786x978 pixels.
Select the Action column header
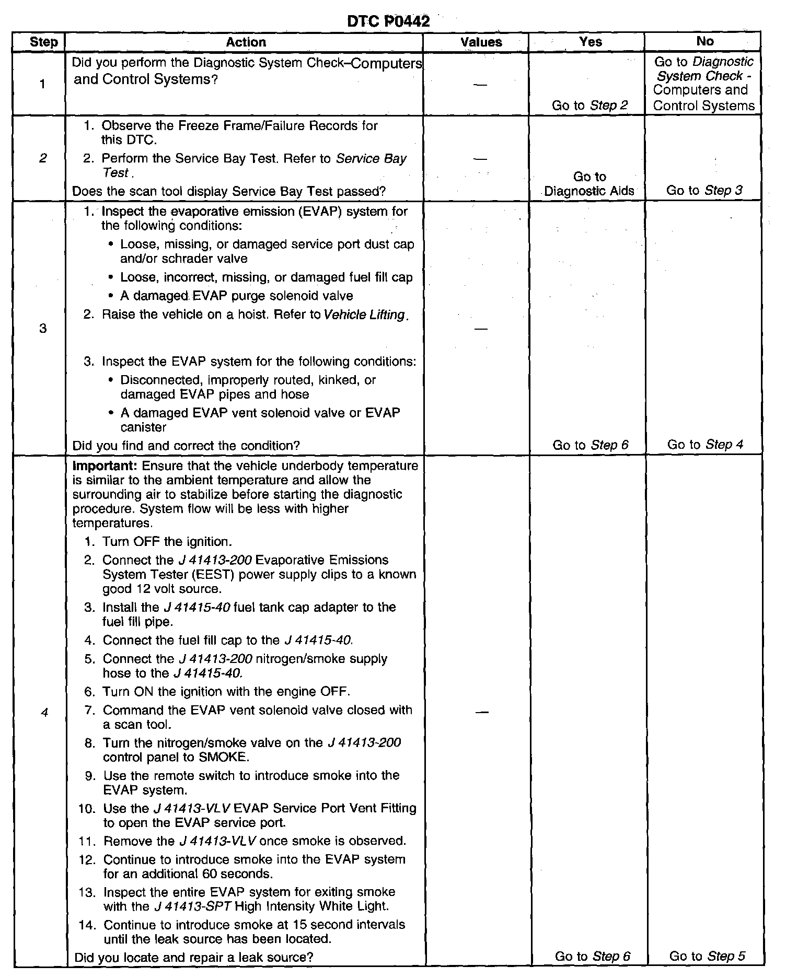click(246, 42)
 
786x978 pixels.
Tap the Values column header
click(481, 42)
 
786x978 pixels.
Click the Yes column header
click(591, 42)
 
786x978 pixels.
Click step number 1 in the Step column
click(43, 84)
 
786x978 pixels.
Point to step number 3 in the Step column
click(43, 328)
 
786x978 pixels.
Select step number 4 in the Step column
click(44, 713)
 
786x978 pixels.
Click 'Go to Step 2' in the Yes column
click(589, 106)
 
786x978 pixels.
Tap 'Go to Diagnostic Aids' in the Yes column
click(589, 184)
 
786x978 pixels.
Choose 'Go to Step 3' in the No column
click(704, 190)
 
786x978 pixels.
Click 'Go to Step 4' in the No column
click(705, 445)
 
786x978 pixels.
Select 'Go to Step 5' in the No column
click(707, 956)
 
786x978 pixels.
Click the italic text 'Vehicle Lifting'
click(365, 315)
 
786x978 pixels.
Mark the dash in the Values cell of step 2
click(480, 159)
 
